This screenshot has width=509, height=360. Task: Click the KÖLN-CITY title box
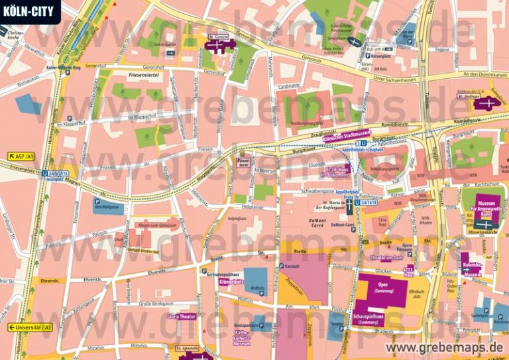[29, 10]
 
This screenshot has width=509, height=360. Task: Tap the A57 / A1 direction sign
[21, 156]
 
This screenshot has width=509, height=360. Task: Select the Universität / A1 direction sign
[30, 328]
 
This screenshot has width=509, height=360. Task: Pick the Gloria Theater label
[184, 317]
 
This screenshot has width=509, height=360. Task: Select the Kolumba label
[472, 266]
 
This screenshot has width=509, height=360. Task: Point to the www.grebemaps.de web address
[445, 348]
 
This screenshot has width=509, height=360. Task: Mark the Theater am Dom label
[387, 258]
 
